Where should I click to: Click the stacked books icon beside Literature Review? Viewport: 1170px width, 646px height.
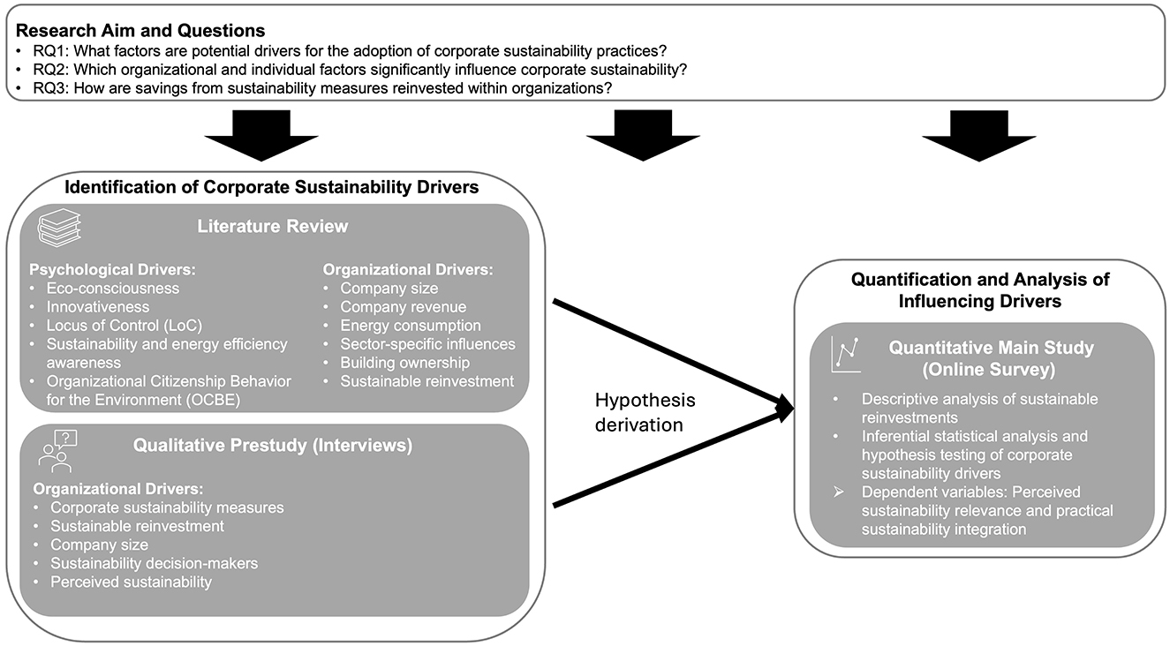[57, 229]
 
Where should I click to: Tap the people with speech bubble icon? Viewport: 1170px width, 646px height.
[56, 449]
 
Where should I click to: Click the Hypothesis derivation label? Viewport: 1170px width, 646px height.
[644, 412]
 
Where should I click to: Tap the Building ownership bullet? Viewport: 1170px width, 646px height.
[404, 363]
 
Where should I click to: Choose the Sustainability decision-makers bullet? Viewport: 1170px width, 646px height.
[154, 563]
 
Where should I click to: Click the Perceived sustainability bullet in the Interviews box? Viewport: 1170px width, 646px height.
[131, 582]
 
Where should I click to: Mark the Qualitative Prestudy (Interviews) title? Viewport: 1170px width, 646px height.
[273, 446]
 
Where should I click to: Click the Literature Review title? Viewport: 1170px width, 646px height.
[273, 227]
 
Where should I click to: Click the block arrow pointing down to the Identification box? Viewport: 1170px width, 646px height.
[260, 136]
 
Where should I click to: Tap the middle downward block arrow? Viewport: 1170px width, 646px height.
[642, 136]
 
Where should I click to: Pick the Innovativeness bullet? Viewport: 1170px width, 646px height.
[99, 306]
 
